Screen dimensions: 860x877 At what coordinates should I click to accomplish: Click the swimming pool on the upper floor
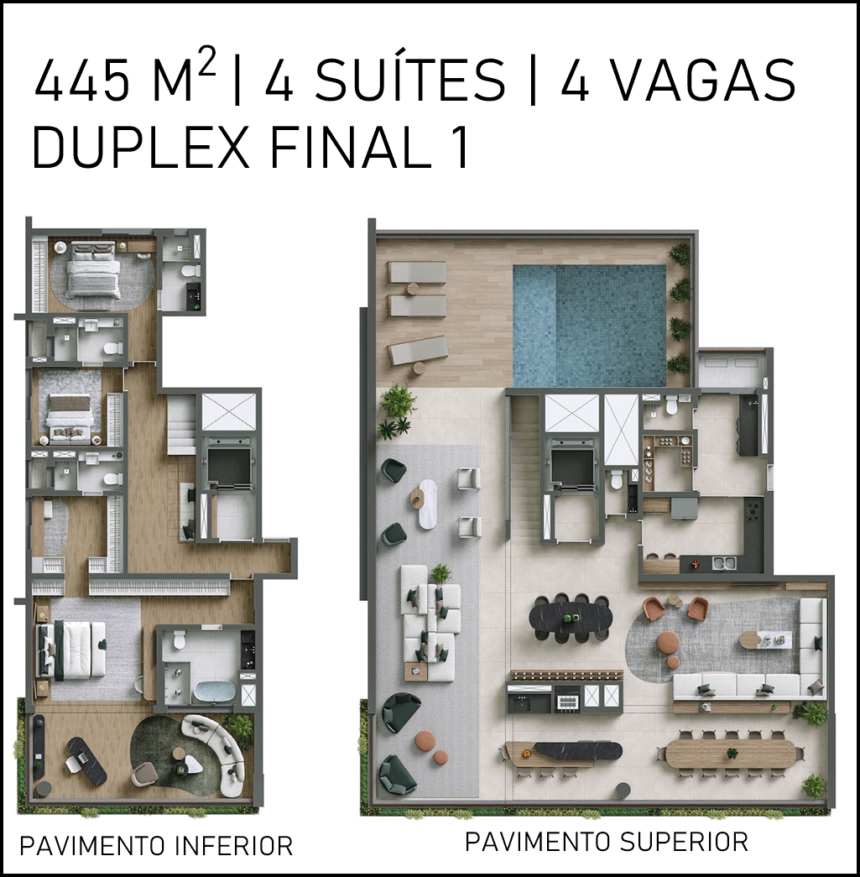tap(589, 326)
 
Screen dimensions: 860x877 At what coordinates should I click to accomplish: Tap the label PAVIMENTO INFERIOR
tap(157, 846)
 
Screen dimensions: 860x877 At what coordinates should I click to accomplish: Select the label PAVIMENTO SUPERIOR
tap(607, 841)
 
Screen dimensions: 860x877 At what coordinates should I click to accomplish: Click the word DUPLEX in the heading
tap(141, 148)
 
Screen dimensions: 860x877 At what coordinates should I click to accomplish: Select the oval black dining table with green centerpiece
tap(571, 618)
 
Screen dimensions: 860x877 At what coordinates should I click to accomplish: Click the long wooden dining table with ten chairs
tap(730, 754)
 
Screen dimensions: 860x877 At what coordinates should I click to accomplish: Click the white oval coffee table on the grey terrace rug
tap(428, 504)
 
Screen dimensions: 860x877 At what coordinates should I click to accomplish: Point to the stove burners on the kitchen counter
tap(753, 510)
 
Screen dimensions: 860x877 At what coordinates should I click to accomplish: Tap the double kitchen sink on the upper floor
tap(724, 562)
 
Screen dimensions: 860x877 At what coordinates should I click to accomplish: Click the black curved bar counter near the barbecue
tap(577, 749)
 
